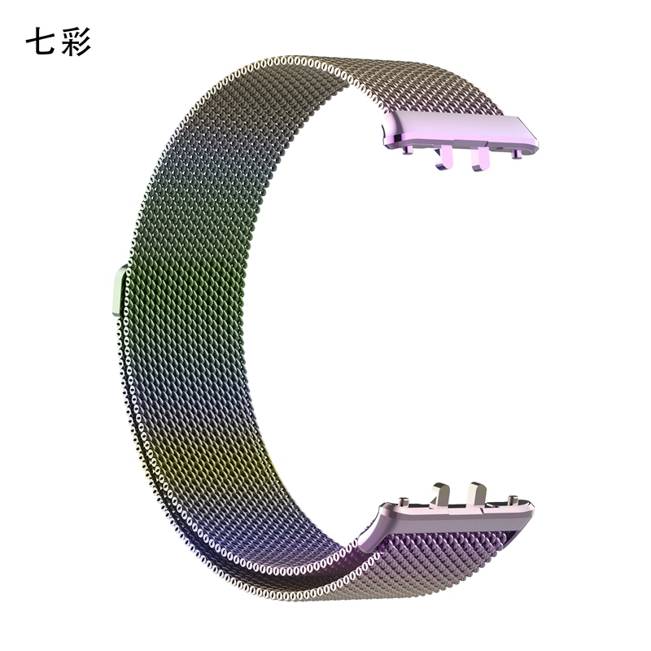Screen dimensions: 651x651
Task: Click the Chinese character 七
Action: coord(39,42)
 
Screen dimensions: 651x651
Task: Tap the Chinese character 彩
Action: coord(76,42)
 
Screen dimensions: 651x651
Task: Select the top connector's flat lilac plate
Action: coord(460,130)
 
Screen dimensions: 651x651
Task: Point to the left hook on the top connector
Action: coord(443,158)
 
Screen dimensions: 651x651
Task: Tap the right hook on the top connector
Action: coord(480,158)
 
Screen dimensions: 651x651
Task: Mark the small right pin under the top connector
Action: coord(516,154)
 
